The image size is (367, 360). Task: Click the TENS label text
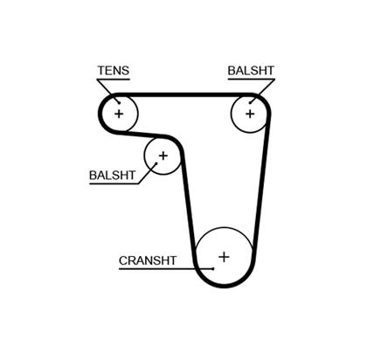[x=114, y=71]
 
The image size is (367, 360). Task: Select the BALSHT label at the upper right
[x=251, y=71]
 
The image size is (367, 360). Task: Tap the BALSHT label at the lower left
[x=113, y=175]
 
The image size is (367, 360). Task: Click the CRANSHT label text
[x=148, y=260]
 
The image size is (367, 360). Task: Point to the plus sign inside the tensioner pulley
[x=119, y=114]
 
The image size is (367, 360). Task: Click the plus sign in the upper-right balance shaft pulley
[x=250, y=114]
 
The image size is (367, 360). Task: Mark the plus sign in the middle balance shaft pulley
[x=163, y=156]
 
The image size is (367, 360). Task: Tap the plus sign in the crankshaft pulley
[x=224, y=257]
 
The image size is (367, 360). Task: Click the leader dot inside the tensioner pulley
[x=119, y=103]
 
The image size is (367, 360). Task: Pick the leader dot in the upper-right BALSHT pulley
[x=250, y=102]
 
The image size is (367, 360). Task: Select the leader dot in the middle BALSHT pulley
[x=156, y=163]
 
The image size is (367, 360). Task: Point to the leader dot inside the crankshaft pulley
[x=213, y=268]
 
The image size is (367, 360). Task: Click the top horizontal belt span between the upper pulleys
[x=184, y=95]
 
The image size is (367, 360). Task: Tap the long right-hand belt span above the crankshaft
[x=262, y=184]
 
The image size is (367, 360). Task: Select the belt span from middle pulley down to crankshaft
[x=188, y=206]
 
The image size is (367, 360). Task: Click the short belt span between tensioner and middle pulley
[x=142, y=135]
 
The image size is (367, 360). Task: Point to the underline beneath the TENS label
[x=114, y=79]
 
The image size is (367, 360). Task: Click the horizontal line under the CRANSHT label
[x=166, y=268]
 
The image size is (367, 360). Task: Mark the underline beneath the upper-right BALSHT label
[x=252, y=79]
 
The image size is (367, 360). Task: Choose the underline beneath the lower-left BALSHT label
[x=114, y=183]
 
